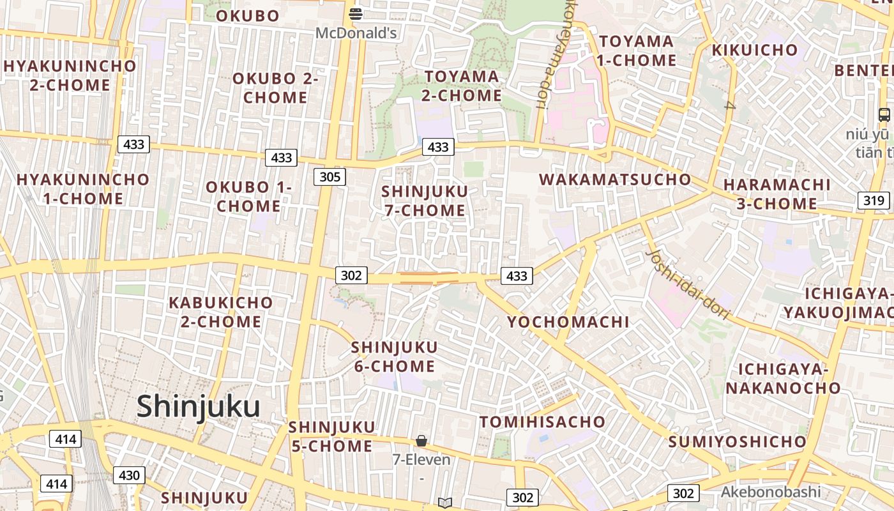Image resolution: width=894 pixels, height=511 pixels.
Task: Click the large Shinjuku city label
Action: point(198,407)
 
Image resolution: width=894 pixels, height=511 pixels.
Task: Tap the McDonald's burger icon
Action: point(356,13)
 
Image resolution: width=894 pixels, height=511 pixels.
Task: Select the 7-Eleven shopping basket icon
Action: point(421,441)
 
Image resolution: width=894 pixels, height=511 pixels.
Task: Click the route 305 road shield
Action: point(330,177)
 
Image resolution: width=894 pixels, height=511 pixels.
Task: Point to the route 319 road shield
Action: point(874,201)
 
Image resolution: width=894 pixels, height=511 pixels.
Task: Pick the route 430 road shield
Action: point(129,475)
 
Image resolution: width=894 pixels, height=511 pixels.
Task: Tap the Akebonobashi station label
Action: point(770,492)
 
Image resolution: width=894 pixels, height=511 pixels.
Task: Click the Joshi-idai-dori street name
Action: point(688,284)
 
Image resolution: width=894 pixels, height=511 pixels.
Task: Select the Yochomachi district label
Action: point(568,322)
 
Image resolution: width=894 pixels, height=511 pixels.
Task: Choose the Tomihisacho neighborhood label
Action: point(542,422)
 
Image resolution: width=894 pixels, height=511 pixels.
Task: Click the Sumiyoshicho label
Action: point(738,441)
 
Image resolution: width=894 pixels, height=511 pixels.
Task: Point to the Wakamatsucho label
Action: point(615,179)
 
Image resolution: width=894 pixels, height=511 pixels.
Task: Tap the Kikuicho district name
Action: point(754,50)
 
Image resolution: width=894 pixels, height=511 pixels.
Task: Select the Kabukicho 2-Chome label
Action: point(220,312)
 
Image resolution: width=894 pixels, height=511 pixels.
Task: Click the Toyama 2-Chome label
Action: point(463,86)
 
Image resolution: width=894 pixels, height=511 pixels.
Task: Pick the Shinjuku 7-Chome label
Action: point(425,201)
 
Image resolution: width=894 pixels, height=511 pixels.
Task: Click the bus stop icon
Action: point(884,115)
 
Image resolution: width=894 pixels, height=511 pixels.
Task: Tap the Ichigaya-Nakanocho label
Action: point(783,379)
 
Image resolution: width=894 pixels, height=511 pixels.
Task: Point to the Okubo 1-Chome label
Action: point(248,197)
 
